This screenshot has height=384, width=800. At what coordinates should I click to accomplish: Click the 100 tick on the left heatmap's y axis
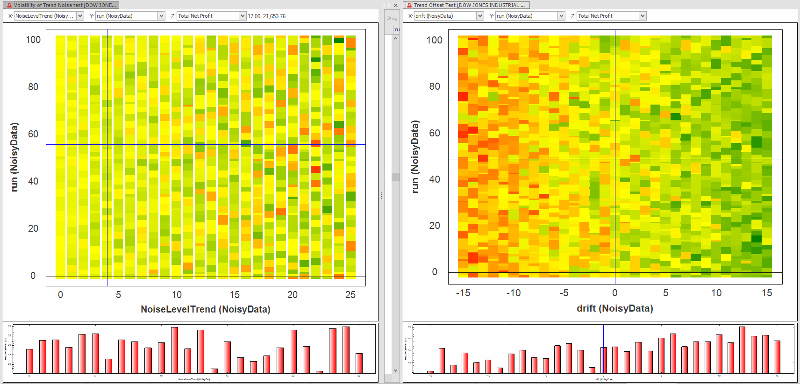click(33, 40)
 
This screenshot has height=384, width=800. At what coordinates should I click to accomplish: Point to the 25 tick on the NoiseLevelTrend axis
click(350, 295)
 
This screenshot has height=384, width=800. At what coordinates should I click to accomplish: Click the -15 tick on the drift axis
click(463, 293)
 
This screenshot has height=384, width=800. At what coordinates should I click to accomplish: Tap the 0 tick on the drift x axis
click(615, 293)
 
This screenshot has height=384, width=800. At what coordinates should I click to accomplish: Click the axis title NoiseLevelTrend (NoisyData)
click(206, 309)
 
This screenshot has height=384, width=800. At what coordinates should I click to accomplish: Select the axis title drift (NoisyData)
click(615, 308)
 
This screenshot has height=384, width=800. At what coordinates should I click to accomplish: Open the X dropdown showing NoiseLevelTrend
click(49, 16)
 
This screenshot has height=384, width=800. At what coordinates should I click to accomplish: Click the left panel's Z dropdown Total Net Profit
click(211, 16)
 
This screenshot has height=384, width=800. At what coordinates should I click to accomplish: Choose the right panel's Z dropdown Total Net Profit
click(611, 16)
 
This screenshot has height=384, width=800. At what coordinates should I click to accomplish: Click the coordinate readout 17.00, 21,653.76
click(267, 16)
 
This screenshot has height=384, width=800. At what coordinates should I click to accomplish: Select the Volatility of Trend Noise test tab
click(61, 5)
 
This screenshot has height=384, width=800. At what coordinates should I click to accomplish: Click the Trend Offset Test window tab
click(466, 5)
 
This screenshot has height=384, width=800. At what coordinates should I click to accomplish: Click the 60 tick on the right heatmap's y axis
click(435, 133)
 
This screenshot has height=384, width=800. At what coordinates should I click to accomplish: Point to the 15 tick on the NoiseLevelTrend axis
click(235, 295)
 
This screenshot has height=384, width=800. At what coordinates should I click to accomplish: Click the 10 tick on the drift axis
click(716, 293)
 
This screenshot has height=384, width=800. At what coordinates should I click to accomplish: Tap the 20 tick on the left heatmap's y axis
click(33, 228)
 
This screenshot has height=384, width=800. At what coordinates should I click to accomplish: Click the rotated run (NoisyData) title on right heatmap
click(415, 156)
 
